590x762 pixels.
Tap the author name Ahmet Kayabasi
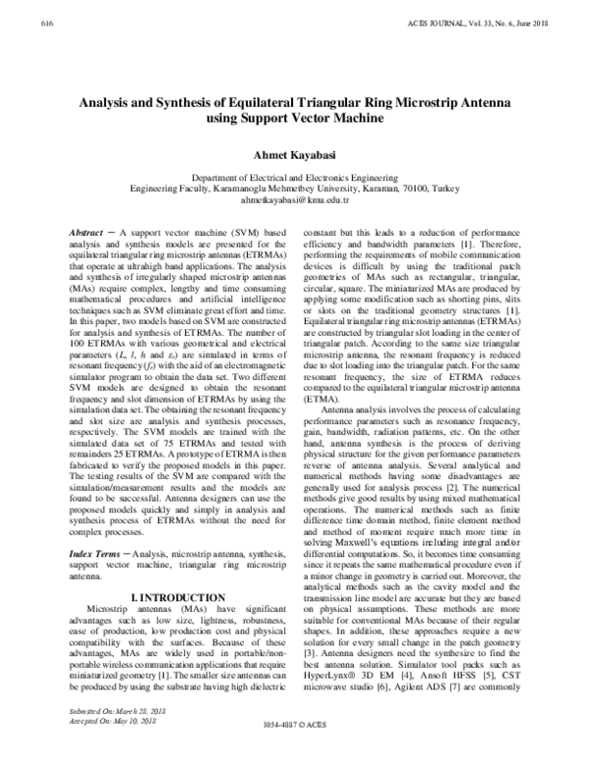295,154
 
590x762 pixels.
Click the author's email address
295,198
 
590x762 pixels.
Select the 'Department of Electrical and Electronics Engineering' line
295,175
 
